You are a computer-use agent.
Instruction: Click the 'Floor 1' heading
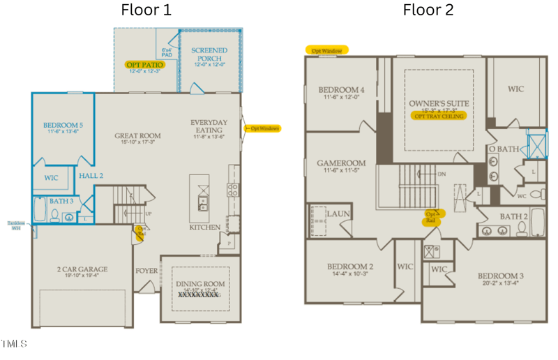(x=146, y=10)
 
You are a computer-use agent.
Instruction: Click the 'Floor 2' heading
(x=428, y=10)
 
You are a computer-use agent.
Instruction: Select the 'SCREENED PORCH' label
(x=209, y=54)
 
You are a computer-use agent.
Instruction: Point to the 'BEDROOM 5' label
(x=63, y=126)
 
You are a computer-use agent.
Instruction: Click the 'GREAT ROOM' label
(x=137, y=136)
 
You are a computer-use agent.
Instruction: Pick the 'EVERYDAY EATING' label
(x=209, y=126)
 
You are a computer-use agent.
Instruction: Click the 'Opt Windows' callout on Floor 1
(x=262, y=128)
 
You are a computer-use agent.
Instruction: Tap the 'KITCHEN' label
(x=205, y=227)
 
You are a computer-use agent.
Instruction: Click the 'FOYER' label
(x=146, y=270)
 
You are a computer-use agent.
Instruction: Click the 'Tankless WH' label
(x=15, y=225)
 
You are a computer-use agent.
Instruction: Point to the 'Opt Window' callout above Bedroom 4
(x=326, y=50)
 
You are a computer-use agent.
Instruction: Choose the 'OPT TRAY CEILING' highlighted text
(x=439, y=117)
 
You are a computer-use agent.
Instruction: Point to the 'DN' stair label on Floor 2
(x=441, y=174)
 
